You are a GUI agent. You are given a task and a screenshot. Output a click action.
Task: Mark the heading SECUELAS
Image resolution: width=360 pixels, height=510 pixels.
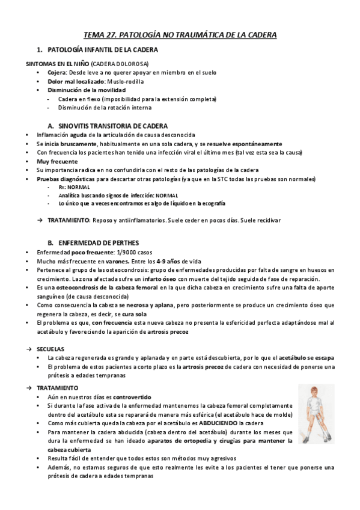50,349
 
